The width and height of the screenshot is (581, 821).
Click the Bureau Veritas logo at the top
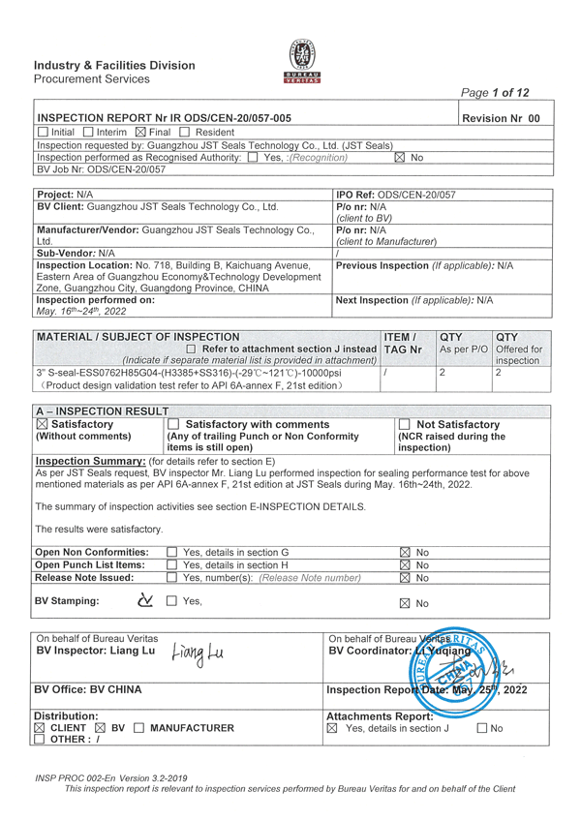tap(303, 62)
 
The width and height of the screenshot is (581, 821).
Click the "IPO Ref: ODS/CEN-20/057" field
tap(387, 195)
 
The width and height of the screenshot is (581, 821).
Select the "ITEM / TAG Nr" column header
tap(403, 342)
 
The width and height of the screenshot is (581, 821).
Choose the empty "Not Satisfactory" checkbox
tap(404, 424)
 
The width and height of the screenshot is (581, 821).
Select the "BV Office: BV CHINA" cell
tap(88, 689)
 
